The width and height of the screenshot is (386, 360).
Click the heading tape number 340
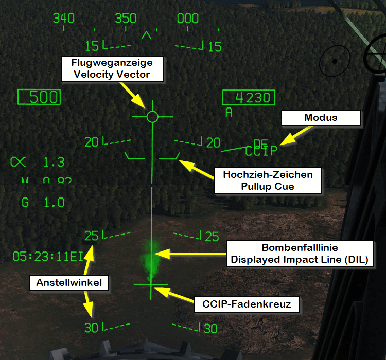click(64, 19)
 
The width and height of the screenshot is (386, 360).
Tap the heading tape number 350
click(126, 19)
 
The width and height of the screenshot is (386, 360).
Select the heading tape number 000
click(188, 19)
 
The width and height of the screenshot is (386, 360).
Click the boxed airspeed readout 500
click(39, 97)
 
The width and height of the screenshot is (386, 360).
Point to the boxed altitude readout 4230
click(249, 98)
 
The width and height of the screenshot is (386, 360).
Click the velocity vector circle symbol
click(152, 117)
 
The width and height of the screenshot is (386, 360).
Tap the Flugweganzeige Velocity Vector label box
click(112, 68)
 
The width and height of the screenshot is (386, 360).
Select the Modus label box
click(321, 118)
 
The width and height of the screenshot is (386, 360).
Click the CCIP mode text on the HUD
click(261, 151)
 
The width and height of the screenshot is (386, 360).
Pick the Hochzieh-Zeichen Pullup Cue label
click(267, 181)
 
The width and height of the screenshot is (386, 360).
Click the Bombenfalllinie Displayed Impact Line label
click(299, 253)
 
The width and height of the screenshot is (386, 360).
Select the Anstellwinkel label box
click(69, 282)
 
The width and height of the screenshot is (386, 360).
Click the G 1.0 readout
click(43, 203)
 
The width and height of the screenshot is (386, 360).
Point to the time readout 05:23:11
click(47, 256)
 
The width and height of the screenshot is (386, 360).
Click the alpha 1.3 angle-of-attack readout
click(38, 163)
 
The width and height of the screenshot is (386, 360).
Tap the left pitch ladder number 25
click(92, 237)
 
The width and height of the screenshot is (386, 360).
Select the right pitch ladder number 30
click(210, 329)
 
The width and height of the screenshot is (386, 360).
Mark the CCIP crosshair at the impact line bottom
click(151, 284)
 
